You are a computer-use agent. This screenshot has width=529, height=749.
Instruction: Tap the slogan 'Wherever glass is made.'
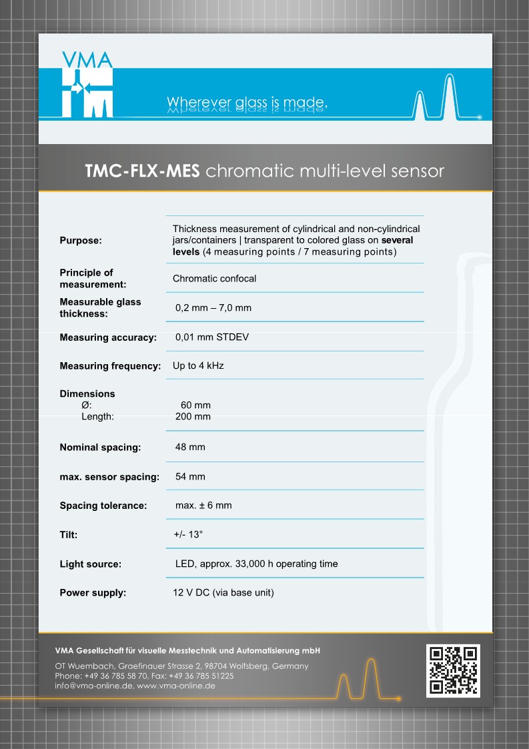[247, 102]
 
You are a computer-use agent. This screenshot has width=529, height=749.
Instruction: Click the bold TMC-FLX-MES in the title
[142, 171]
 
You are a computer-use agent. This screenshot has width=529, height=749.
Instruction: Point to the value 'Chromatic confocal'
[214, 278]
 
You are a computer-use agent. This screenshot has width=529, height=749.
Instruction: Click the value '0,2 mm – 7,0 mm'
[213, 307]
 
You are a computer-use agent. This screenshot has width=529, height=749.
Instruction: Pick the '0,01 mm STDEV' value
[212, 337]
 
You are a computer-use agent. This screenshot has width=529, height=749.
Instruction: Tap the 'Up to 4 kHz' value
[197, 366]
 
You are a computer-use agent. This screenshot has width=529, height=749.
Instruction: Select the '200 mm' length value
[193, 416]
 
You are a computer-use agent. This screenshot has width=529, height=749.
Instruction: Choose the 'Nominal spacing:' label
[100, 448]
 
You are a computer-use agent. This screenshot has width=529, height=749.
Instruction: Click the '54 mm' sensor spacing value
[190, 477]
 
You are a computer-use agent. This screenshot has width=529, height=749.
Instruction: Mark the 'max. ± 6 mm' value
[203, 506]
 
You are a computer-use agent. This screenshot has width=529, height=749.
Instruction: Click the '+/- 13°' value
[187, 535]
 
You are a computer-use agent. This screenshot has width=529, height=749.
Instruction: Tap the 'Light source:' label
[90, 564]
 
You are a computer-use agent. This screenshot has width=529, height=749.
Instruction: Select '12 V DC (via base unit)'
[223, 592]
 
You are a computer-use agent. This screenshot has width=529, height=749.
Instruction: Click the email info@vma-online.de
[94, 686]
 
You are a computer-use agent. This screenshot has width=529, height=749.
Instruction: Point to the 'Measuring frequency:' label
[110, 366]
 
